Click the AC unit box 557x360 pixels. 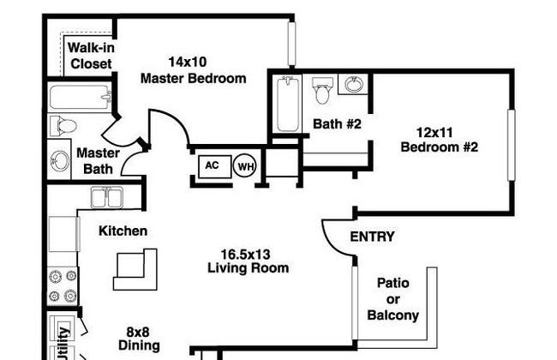215,166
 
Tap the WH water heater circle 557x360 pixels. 245,165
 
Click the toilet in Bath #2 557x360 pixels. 322,90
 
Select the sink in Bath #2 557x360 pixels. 355,85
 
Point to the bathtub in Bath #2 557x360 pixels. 288,104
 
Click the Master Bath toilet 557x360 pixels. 63,126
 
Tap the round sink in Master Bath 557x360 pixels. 59,161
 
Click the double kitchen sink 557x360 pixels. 107,198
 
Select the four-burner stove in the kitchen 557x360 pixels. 63,285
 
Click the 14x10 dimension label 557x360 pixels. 187,62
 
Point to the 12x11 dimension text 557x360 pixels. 434,133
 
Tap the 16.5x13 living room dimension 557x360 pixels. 245,255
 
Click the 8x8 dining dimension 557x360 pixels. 138,332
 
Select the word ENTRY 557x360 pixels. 372,237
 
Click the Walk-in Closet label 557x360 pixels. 91,56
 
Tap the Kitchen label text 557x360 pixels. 123,231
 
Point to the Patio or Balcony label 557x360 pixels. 392,299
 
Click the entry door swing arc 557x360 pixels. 333,243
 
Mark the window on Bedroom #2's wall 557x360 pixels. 512,145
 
